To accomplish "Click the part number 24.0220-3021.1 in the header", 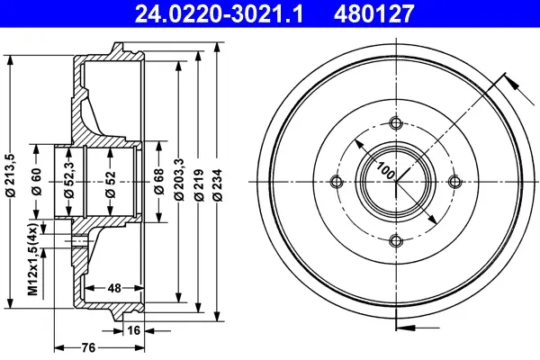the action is [x=219, y=13].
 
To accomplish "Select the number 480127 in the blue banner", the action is [x=373, y=13].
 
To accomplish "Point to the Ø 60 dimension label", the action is [x=36, y=182].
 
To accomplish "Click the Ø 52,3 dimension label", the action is [x=69, y=178].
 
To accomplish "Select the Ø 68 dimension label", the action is [x=159, y=182].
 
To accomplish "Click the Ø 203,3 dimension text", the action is [x=179, y=179].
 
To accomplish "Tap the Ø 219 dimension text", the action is [x=199, y=185].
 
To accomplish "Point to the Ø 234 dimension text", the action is [x=218, y=185].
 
